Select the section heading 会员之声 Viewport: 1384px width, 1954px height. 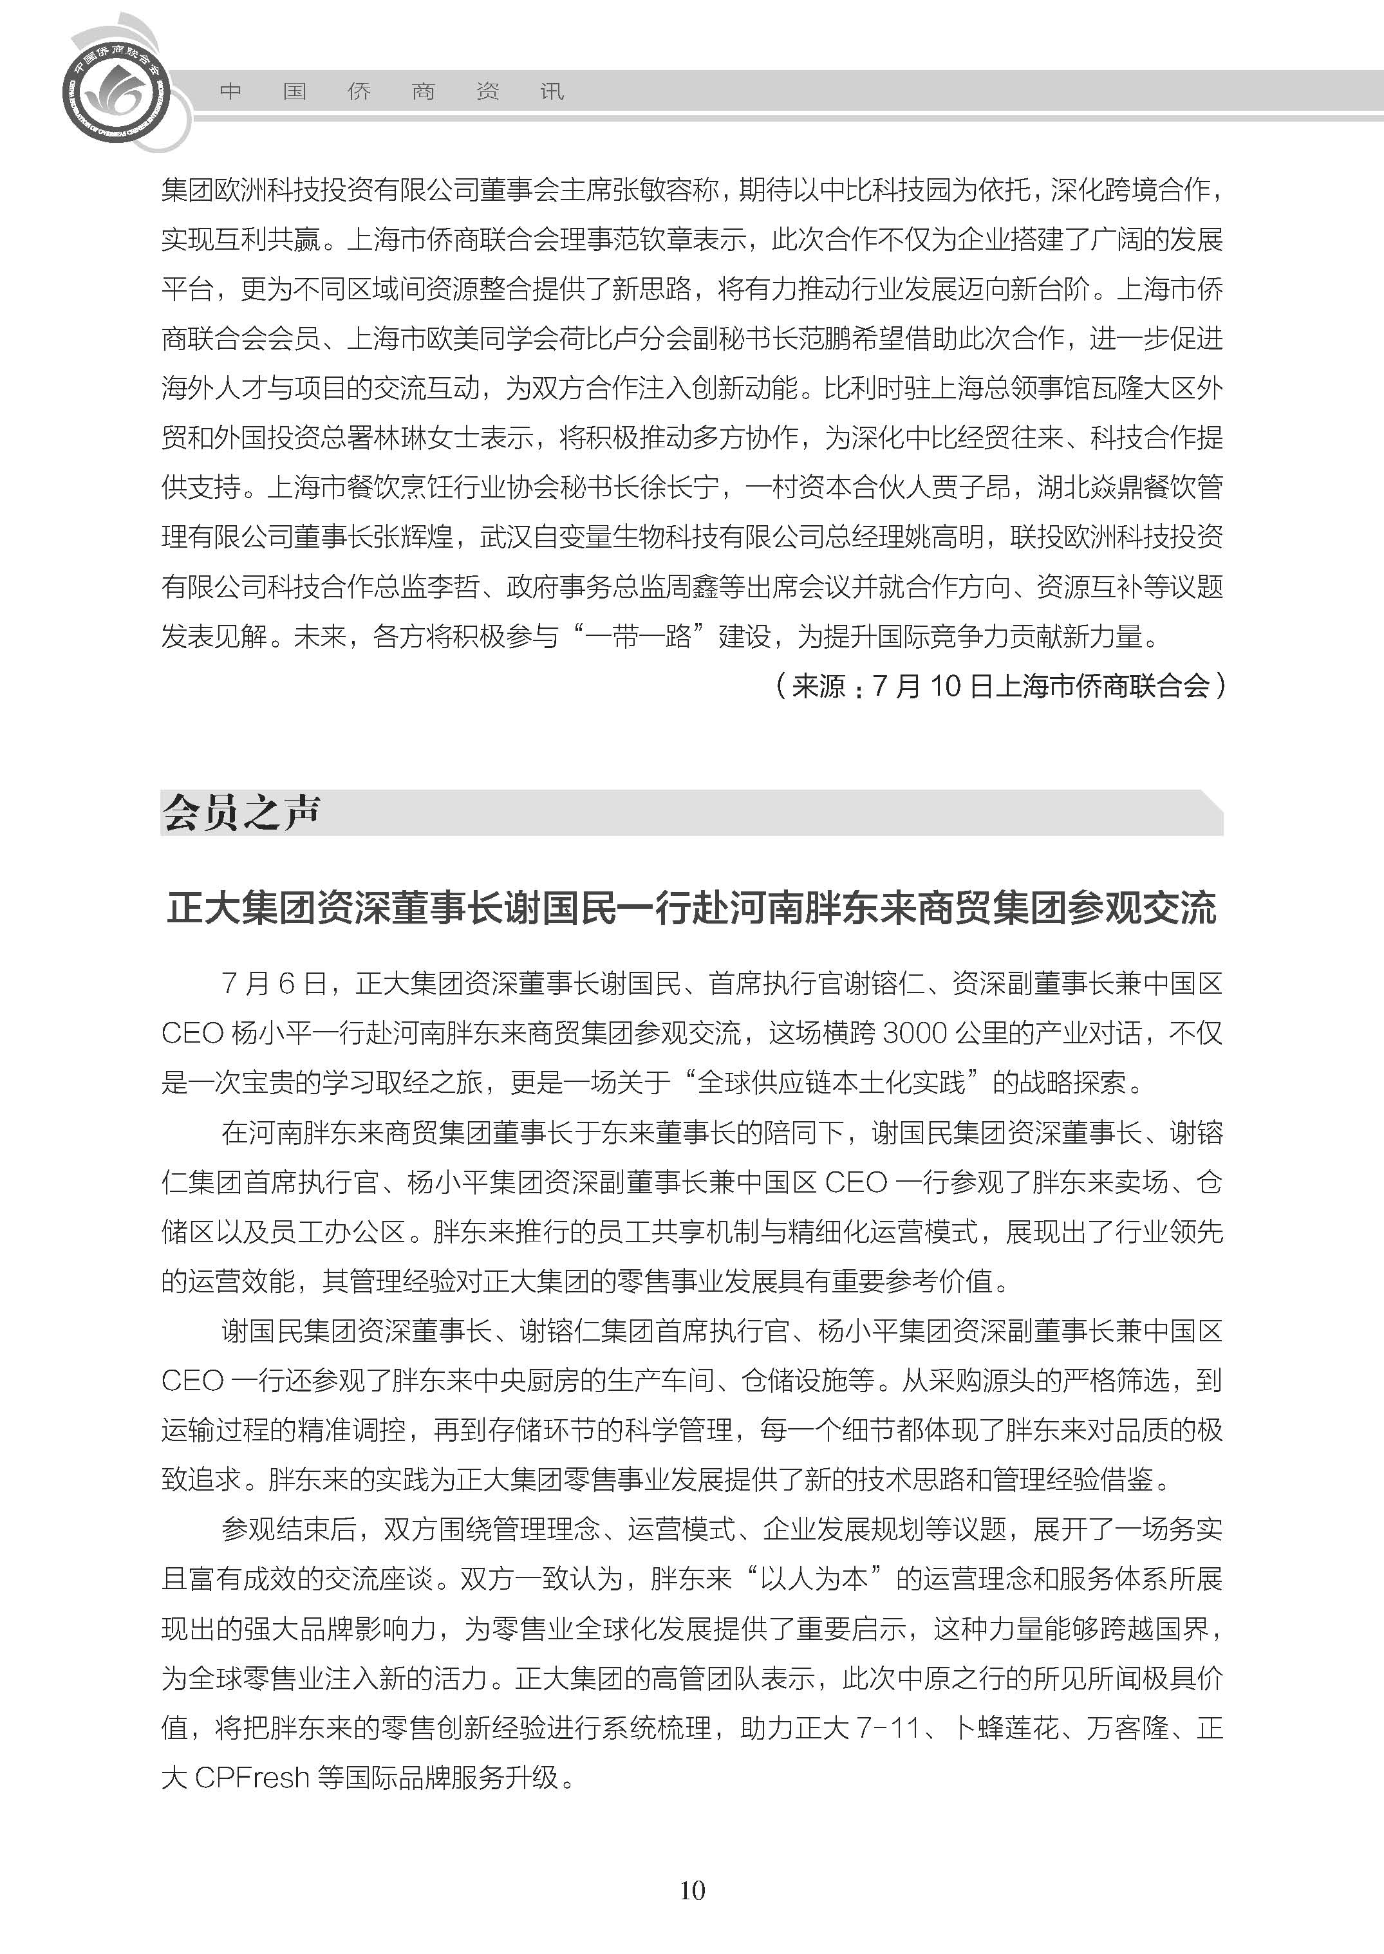[241, 812]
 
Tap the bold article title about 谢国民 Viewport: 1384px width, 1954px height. [691, 907]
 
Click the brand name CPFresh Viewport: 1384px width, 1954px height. [252, 1778]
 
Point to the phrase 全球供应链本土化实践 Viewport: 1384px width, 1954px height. [832, 1083]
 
